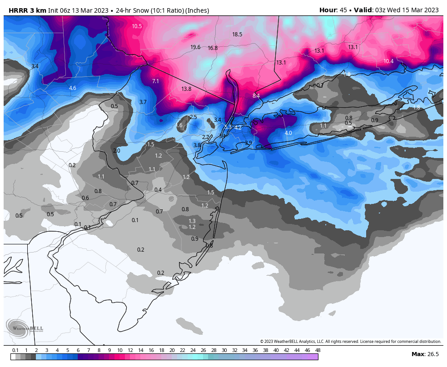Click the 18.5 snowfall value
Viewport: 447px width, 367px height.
[x=237, y=35]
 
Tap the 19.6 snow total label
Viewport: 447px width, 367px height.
[x=195, y=47]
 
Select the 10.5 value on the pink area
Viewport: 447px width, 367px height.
[x=137, y=26]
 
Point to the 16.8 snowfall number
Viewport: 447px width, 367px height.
[x=213, y=48]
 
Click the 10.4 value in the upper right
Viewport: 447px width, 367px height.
[x=388, y=61]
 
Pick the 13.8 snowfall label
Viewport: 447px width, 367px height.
[x=186, y=89]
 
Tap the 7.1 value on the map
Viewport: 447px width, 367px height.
[x=155, y=81]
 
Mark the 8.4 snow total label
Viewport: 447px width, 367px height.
[x=256, y=96]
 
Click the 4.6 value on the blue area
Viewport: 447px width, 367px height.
[x=73, y=88]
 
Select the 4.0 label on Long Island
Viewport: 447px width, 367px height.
[x=288, y=133]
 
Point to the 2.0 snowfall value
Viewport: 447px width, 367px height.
[x=117, y=151]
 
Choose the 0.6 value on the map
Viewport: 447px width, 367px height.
[x=85, y=198]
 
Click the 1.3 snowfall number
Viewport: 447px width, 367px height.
[x=192, y=221]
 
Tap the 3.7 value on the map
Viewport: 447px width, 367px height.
[x=143, y=102]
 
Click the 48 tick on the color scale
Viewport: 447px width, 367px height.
[x=318, y=350]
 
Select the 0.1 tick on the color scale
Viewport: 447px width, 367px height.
[x=15, y=350]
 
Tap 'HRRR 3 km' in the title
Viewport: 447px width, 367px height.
[x=28, y=10]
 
